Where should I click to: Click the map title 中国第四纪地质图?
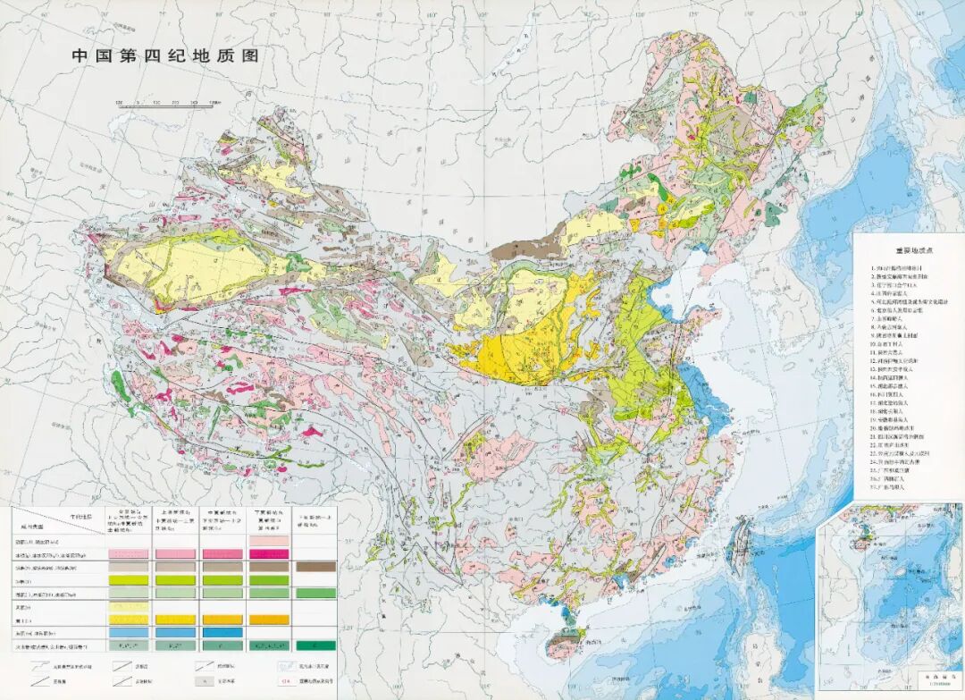pyautogui.click(x=165, y=55)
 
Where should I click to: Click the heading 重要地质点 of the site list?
pyautogui.click(x=907, y=252)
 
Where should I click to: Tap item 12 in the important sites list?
pyautogui.click(x=898, y=360)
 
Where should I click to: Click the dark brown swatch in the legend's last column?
pyautogui.click(x=315, y=566)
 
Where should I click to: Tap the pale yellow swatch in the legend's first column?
pyautogui.click(x=128, y=606)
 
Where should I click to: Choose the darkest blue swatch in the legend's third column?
pyautogui.click(x=222, y=631)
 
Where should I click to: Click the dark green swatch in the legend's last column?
pyautogui.click(x=315, y=645)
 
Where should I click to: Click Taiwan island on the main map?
pyautogui.click(x=741, y=542)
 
